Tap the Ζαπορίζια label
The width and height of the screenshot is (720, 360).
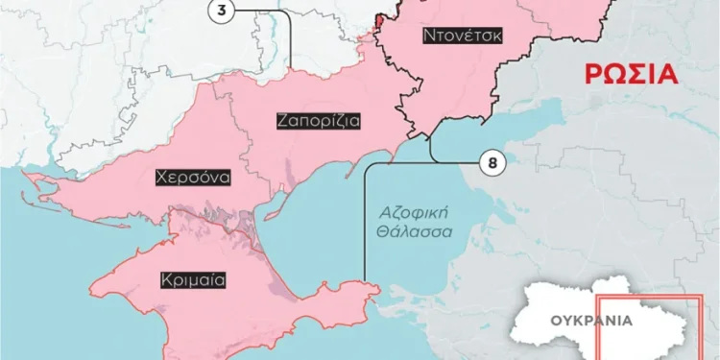318,122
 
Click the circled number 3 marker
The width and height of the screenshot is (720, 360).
222,10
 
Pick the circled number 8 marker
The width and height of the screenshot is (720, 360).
492,163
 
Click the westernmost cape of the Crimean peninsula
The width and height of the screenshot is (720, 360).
92,285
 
